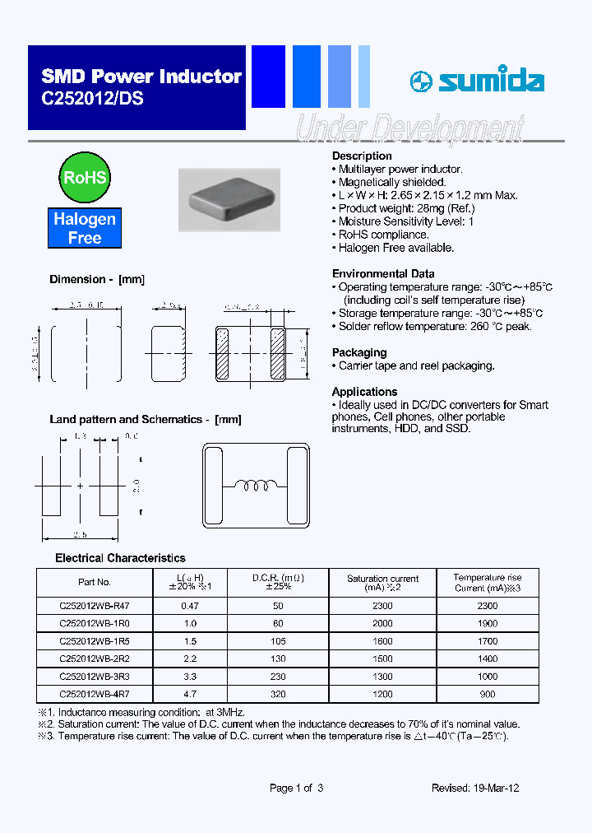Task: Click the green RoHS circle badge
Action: pos(85,178)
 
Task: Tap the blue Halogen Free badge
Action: pos(85,228)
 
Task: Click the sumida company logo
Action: pos(477,81)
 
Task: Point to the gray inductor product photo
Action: pos(229,200)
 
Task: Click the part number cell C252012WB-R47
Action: pos(95,605)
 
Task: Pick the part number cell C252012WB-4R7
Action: pos(95,694)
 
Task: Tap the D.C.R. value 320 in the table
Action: pos(278,694)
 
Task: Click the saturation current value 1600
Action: pos(382,640)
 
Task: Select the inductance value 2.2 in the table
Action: pos(190,658)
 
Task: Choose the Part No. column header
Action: pos(95,582)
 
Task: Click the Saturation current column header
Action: pos(382,583)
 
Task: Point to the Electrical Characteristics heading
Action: pos(120,558)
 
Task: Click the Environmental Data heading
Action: pos(383,273)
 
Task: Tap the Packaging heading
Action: pos(359,352)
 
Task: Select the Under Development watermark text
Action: pos(409,129)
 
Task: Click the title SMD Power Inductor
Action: pos(141,77)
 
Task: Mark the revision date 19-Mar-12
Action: pos(493,788)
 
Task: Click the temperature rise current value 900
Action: pos(488,694)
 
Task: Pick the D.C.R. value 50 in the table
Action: pos(278,605)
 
